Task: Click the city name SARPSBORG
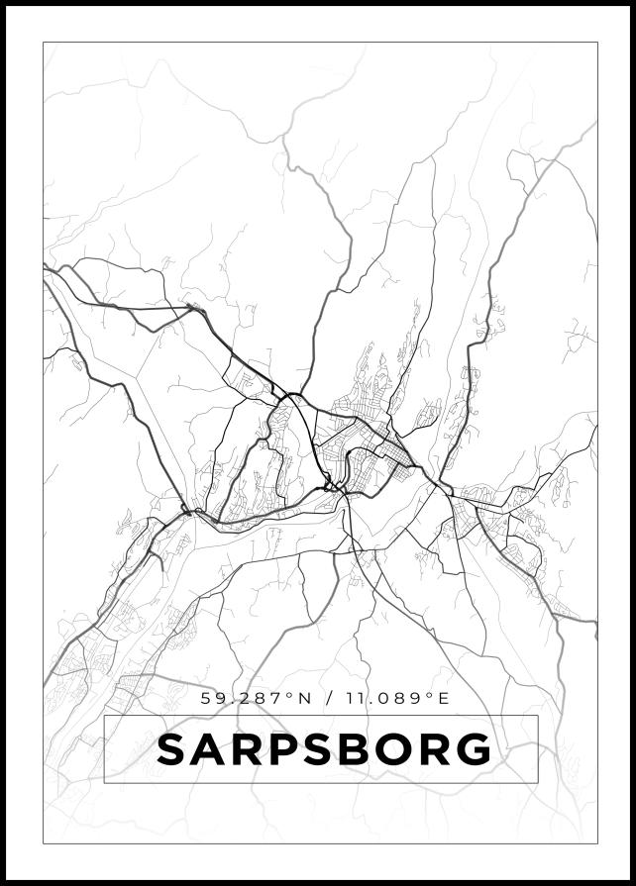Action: pos(324,749)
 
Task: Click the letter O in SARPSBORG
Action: pos(399,749)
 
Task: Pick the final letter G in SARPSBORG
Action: pos(474,749)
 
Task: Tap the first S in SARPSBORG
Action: pos(172,749)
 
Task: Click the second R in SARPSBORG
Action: pos(437,749)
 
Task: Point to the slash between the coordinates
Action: pos(329,698)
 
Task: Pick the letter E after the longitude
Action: pos(443,698)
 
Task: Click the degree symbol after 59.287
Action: pos(290,694)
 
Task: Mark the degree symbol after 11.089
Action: pos(430,694)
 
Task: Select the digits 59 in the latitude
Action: pos(213,698)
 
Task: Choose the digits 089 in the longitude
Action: pos(405,698)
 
